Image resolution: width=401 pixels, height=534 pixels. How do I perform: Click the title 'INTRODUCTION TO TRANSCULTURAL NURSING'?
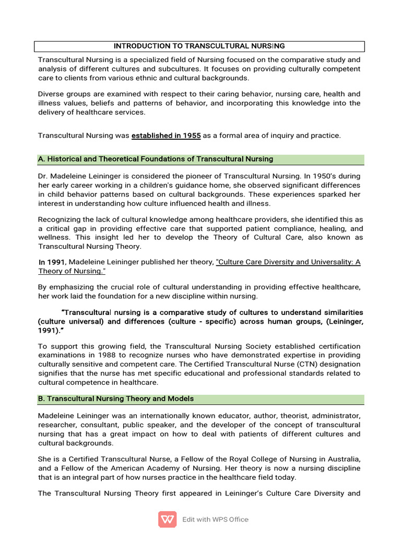tap(199, 46)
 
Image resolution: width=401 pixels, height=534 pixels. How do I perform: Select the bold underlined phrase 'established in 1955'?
tap(166, 136)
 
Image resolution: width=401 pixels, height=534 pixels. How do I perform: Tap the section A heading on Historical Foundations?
tap(156, 159)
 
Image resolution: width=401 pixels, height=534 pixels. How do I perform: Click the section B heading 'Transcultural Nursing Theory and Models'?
tap(115, 398)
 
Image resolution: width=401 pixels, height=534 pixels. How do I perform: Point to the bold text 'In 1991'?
tap(53, 262)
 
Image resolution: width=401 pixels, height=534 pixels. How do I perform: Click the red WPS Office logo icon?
tap(167, 519)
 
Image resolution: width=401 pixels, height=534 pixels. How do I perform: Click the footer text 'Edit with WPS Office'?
tap(215, 519)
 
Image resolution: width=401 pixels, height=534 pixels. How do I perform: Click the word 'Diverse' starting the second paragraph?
tap(51, 94)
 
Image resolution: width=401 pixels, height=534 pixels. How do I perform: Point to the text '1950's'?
tap(320, 176)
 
